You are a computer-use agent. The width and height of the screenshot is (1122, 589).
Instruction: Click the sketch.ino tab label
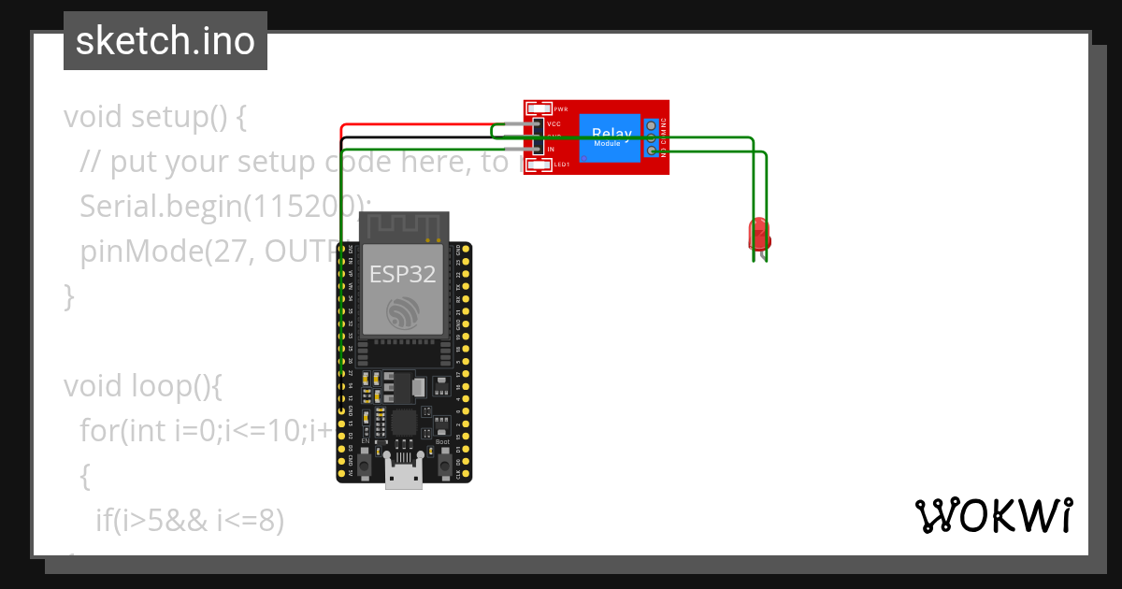[165, 41]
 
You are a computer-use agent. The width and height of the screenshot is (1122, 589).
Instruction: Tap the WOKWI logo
[993, 515]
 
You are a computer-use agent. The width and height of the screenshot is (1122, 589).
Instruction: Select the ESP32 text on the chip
[402, 274]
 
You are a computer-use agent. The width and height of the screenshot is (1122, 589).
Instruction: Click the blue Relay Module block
[609, 137]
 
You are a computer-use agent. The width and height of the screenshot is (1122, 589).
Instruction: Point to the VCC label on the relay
[554, 123]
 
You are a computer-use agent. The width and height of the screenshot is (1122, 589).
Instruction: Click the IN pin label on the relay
[551, 150]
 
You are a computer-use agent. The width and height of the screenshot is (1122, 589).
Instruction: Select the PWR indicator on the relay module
[539, 109]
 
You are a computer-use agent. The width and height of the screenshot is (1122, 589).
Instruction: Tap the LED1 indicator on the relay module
[539, 165]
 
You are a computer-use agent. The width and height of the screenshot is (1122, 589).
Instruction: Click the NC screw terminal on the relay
[652, 124]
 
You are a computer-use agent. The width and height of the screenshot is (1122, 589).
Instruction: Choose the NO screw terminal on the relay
[652, 151]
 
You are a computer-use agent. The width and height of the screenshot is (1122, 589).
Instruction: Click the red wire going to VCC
[421, 124]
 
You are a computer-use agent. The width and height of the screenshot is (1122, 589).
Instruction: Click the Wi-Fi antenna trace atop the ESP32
[403, 227]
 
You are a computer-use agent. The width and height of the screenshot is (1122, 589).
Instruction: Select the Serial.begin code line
[224, 207]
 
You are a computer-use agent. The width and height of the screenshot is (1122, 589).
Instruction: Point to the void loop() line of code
[143, 385]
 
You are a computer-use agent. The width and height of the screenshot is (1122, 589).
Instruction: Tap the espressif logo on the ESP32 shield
[403, 314]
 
